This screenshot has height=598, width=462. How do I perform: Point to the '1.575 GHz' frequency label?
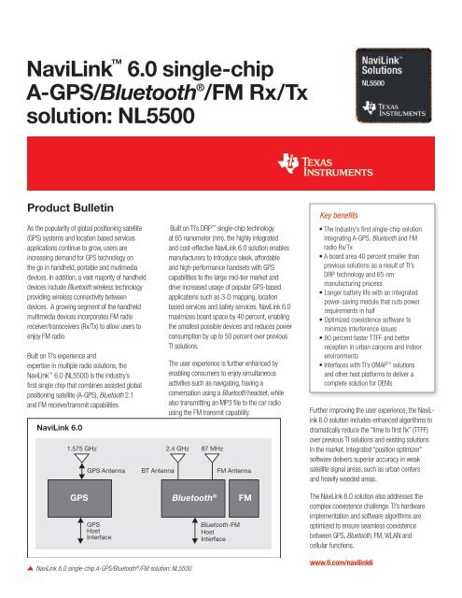(x=74, y=448)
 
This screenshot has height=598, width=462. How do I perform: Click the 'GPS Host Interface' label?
(x=100, y=531)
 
